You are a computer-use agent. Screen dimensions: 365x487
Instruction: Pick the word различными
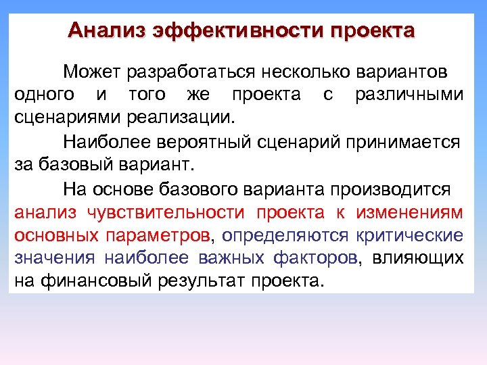pos(409,95)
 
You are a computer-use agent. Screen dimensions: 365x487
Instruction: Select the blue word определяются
pos(285,236)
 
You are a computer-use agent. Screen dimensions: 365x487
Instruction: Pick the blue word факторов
pos(316,259)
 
